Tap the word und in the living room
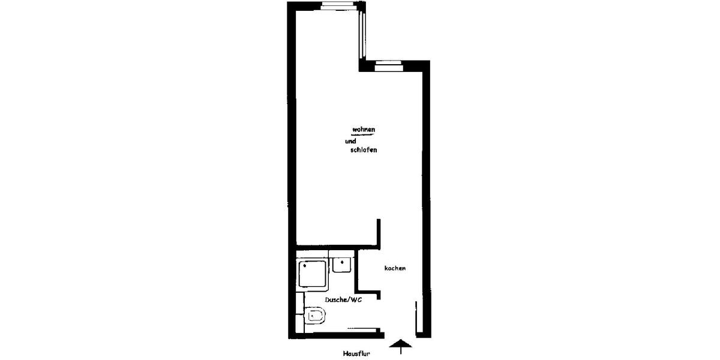coord(350,142)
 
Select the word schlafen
coord(363,151)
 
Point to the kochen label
coord(395,268)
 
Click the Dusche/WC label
coord(343,299)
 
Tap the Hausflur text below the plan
coord(356,354)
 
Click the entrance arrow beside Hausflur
coord(401,346)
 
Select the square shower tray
coord(312,275)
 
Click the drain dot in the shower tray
coord(305,264)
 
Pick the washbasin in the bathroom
coord(342,265)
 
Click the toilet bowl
coord(315,316)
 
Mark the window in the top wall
coord(340,7)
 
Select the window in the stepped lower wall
coord(388,65)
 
